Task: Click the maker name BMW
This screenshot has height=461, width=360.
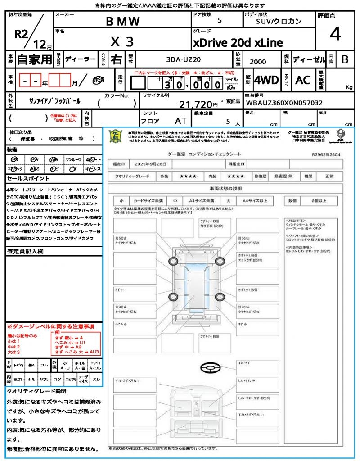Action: [x=122, y=21]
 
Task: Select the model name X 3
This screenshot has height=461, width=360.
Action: [x=122, y=42]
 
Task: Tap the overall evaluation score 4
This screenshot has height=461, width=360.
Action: [x=334, y=34]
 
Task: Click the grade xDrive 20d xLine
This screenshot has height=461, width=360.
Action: [x=238, y=43]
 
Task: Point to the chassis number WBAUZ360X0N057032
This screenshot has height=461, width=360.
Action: [x=284, y=103]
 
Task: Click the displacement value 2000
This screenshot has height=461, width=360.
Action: [x=257, y=62]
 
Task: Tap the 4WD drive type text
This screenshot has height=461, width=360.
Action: [x=266, y=80]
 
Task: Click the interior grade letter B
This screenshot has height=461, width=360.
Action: [x=345, y=59]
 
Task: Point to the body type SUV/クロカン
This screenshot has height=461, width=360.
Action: [x=279, y=21]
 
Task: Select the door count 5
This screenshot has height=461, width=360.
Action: [x=220, y=21]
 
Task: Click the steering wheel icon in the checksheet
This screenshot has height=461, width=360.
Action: [x=210, y=369]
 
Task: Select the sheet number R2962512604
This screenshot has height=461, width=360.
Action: [x=326, y=154]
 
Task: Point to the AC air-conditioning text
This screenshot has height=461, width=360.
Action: [x=303, y=80]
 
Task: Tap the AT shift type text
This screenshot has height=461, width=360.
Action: [x=181, y=122]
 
